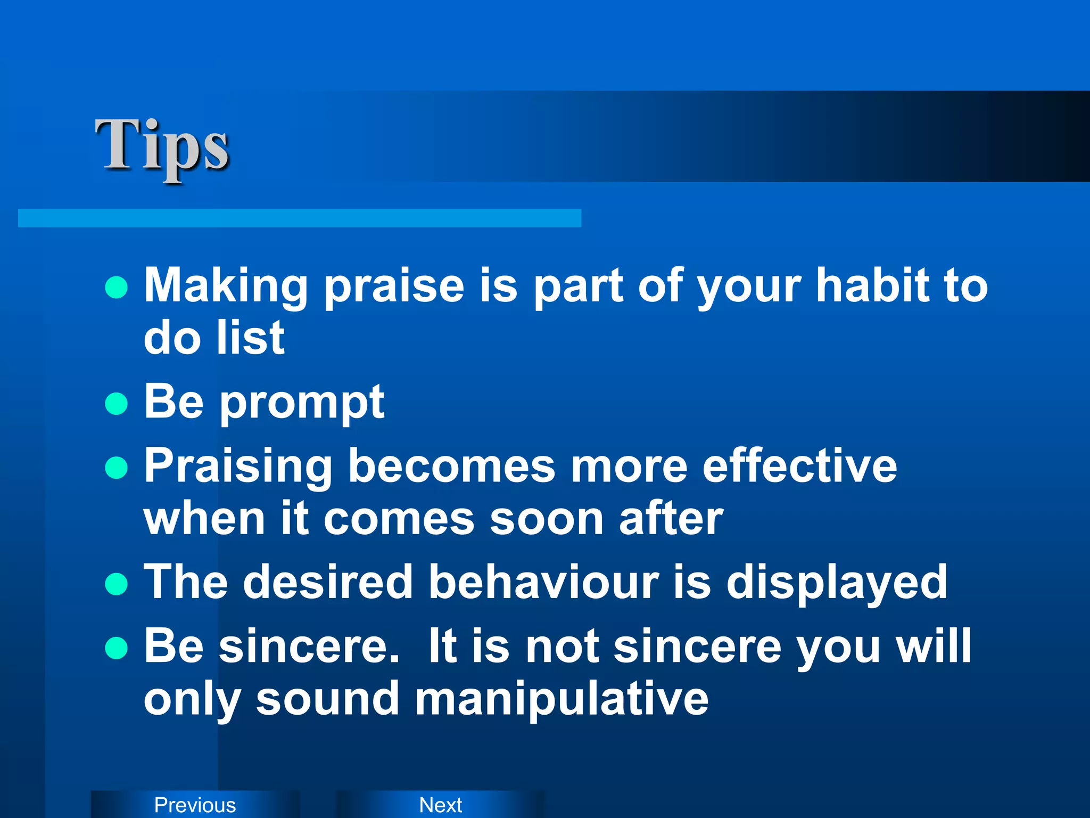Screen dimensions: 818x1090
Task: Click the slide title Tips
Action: pyautogui.click(x=162, y=146)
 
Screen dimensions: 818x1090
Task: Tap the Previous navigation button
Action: pyautogui.click(x=195, y=805)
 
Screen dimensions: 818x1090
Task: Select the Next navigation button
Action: pyautogui.click(x=440, y=805)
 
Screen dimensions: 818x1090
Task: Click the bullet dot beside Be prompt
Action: pyautogui.click(x=117, y=403)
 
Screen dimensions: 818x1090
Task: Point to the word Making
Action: pyautogui.click(x=226, y=287)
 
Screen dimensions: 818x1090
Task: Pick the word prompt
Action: pyautogui.click(x=302, y=403)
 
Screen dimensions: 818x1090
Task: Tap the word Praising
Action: pyautogui.click(x=238, y=467)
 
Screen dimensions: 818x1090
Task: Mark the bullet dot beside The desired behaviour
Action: pyautogui.click(x=117, y=584)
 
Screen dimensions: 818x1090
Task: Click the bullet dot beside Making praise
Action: pyautogui.click(x=117, y=287)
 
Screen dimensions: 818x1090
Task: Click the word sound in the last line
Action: pyautogui.click(x=327, y=699)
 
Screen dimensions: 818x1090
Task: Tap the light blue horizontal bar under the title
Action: pyautogui.click(x=299, y=218)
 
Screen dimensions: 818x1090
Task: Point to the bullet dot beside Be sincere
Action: pyautogui.click(x=117, y=648)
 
